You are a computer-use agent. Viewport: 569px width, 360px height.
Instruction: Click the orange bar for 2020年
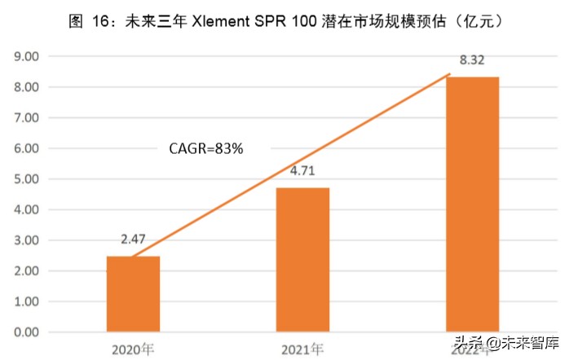[133, 294]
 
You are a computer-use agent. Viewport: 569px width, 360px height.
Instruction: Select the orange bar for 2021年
[302, 260]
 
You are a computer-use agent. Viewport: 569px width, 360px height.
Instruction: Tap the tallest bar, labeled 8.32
[472, 204]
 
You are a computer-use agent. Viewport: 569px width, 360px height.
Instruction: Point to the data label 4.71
[302, 172]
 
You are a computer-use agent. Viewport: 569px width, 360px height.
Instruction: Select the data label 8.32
[472, 61]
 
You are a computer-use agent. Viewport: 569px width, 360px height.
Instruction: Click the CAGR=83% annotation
[206, 148]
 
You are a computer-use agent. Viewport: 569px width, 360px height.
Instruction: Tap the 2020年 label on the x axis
[133, 350]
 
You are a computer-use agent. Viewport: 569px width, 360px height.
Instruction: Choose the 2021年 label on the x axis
[302, 350]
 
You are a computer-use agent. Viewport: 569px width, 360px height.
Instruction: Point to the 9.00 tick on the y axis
[28, 57]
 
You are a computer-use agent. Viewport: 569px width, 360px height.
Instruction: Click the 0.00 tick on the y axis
[28, 332]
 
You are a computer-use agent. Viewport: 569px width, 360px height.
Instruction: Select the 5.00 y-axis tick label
[28, 179]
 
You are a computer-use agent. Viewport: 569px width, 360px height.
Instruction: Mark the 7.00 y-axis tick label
[28, 118]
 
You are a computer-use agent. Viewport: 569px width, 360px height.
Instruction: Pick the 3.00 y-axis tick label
[28, 240]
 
